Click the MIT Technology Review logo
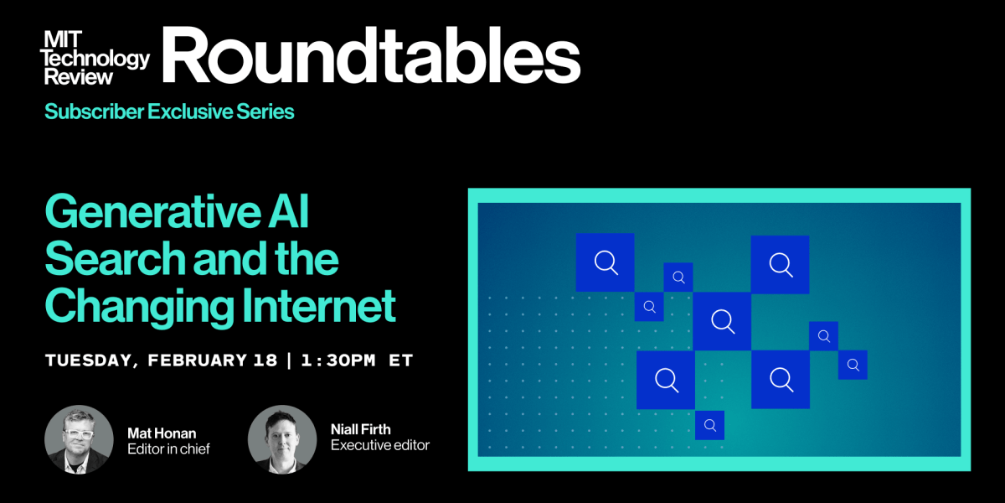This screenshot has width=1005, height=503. click(x=96, y=57)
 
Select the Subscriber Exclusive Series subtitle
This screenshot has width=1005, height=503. click(x=169, y=111)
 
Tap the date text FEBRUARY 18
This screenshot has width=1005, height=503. click(x=212, y=360)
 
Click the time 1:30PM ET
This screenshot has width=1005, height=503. click(x=357, y=360)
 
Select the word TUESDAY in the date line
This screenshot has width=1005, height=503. click(x=88, y=360)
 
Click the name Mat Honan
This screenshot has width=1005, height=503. click(x=162, y=433)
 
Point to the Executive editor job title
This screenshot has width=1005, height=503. click(x=380, y=445)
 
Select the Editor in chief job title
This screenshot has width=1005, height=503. click(x=168, y=449)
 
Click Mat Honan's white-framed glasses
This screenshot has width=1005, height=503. click(x=77, y=433)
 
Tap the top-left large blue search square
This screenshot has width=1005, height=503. click(x=605, y=262)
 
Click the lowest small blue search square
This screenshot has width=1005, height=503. click(x=709, y=425)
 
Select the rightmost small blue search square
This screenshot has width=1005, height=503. click(x=853, y=365)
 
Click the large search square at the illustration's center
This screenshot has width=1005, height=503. click(x=722, y=320)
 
